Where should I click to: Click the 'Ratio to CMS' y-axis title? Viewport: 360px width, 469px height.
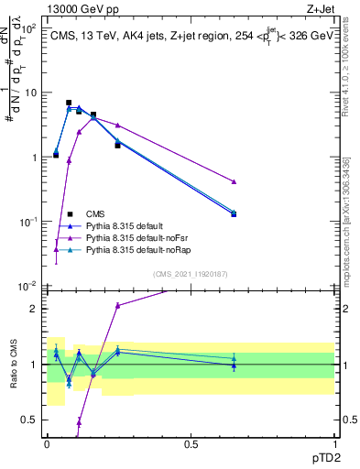[12, 363]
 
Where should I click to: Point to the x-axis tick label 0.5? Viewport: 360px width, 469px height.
[191, 443]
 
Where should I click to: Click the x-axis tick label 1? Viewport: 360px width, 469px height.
[336, 443]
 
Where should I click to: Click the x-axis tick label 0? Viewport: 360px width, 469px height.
[48, 443]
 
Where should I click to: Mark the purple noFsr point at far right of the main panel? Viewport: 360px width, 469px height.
[235, 181]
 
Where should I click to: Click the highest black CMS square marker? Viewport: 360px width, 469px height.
[69, 104]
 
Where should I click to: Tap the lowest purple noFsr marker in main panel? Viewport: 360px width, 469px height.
[56, 249]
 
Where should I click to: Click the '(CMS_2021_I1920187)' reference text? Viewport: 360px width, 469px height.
[191, 273]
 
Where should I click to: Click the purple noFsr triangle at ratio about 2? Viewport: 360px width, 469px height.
[117, 305]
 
